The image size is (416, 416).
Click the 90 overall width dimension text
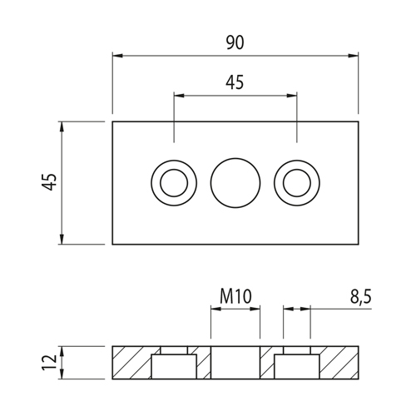235,43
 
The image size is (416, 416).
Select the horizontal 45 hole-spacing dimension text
235,82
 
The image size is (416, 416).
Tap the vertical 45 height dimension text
49,182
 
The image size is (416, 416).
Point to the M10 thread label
235,296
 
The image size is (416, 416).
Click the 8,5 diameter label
360,297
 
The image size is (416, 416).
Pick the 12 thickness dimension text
49,362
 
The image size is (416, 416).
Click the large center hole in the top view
235,183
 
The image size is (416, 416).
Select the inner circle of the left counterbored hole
174,183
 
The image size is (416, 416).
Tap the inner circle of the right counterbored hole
297,183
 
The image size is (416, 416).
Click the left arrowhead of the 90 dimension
117,56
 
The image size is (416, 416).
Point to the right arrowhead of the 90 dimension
353,56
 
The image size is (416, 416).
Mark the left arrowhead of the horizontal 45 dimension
179,96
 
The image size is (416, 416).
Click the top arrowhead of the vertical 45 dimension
62,126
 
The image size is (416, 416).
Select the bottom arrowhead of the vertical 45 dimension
62,239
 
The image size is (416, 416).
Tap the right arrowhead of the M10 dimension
255,309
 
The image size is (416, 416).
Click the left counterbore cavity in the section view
174,366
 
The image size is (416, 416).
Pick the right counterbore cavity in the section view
297,366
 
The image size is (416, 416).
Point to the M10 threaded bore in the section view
235,363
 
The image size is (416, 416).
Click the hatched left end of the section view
131,363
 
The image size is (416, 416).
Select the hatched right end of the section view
339,363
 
